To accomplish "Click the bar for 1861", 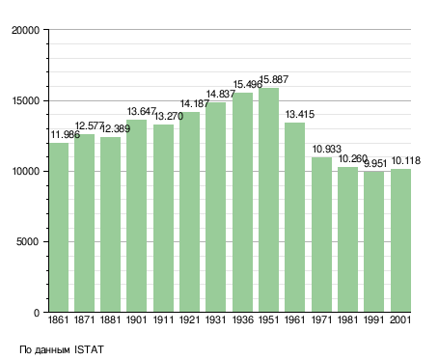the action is point(59,228).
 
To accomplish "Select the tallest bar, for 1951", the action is point(268,200).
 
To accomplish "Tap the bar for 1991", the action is point(373,241).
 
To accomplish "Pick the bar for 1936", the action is point(242,203).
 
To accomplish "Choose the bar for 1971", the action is point(321,235).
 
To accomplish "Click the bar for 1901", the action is point(136,216).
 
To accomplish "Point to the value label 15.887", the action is point(274,79).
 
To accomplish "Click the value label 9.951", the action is point(375,164).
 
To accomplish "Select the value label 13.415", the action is point(300,114).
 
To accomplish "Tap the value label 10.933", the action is point(327,149).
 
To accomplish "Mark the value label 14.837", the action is point(221,94).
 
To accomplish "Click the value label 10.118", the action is point(406,160).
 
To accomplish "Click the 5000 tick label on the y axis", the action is point(28,241).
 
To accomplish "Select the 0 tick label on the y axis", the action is point(37,313).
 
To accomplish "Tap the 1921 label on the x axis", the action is point(190,320).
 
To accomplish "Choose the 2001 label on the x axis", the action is point(400,320).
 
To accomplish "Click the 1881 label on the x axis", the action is point(110,320).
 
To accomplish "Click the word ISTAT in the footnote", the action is point(89,349).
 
